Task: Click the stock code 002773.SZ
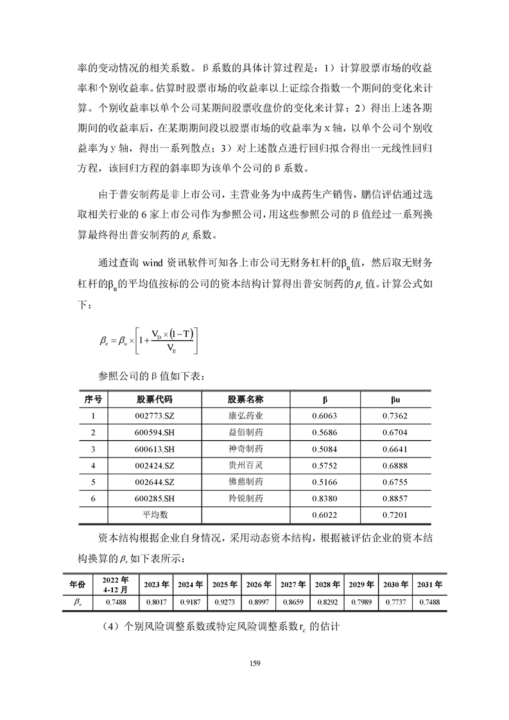coord(155,416)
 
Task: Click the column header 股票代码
coord(155,399)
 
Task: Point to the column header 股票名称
coord(246,399)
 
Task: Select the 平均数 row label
coord(155,515)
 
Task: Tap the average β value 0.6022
coord(324,515)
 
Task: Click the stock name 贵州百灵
coord(246,465)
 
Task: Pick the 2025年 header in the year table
coord(225,585)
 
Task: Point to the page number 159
coord(254,664)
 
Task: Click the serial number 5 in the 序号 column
coord(93,482)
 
